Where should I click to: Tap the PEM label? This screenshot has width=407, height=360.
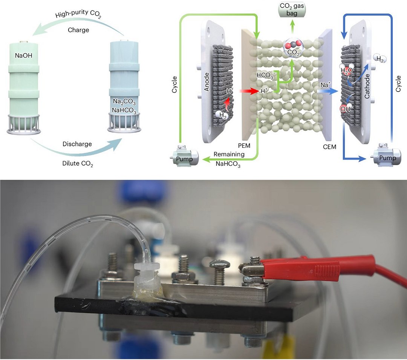point(249,146)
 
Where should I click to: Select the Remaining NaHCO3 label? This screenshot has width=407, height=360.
point(229,159)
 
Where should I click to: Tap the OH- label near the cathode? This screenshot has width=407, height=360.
point(346,109)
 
